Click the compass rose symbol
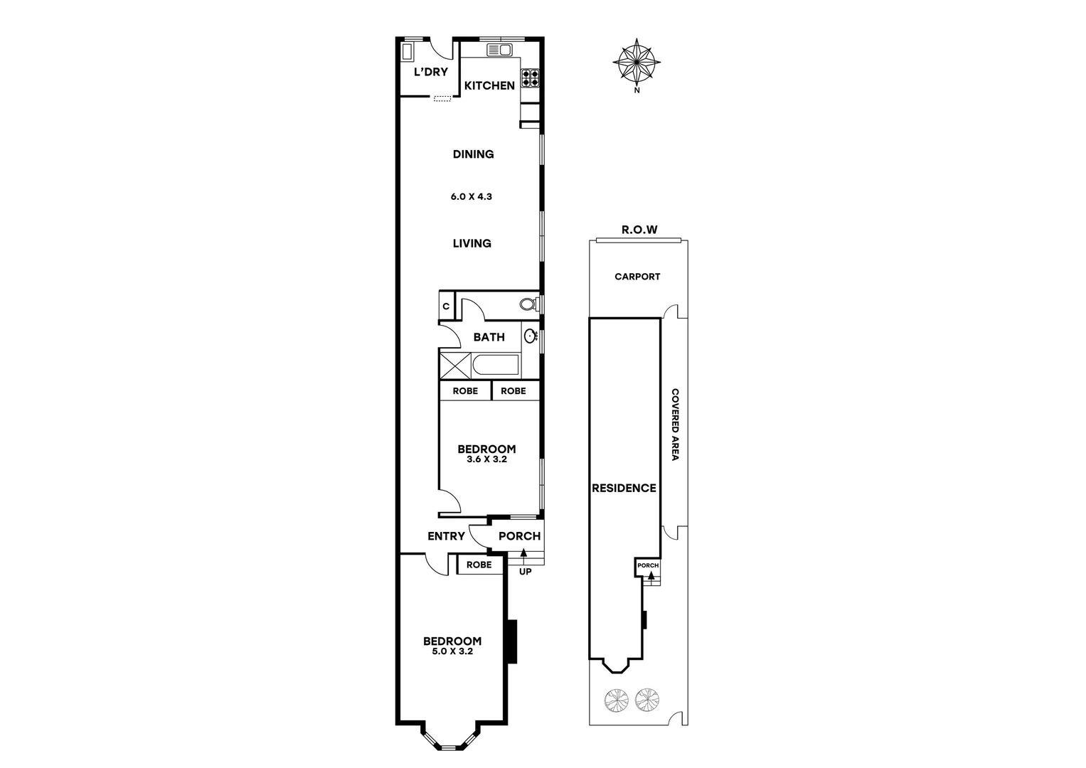[x=637, y=63]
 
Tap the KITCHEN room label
[x=489, y=85]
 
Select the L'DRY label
[x=431, y=72]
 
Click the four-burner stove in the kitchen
[x=531, y=77]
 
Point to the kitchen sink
[x=499, y=50]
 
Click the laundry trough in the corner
[x=408, y=53]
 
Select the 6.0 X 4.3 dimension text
[x=471, y=196]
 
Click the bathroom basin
[x=531, y=336]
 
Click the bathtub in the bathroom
[x=496, y=366]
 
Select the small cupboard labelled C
[x=446, y=306]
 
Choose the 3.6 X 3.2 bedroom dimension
[x=486, y=459]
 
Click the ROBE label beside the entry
[x=479, y=565]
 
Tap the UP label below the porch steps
[x=526, y=571]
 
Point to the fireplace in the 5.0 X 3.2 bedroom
[x=511, y=641]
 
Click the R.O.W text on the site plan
[x=639, y=230]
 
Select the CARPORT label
[x=637, y=277]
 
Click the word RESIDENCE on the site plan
[x=624, y=488]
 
